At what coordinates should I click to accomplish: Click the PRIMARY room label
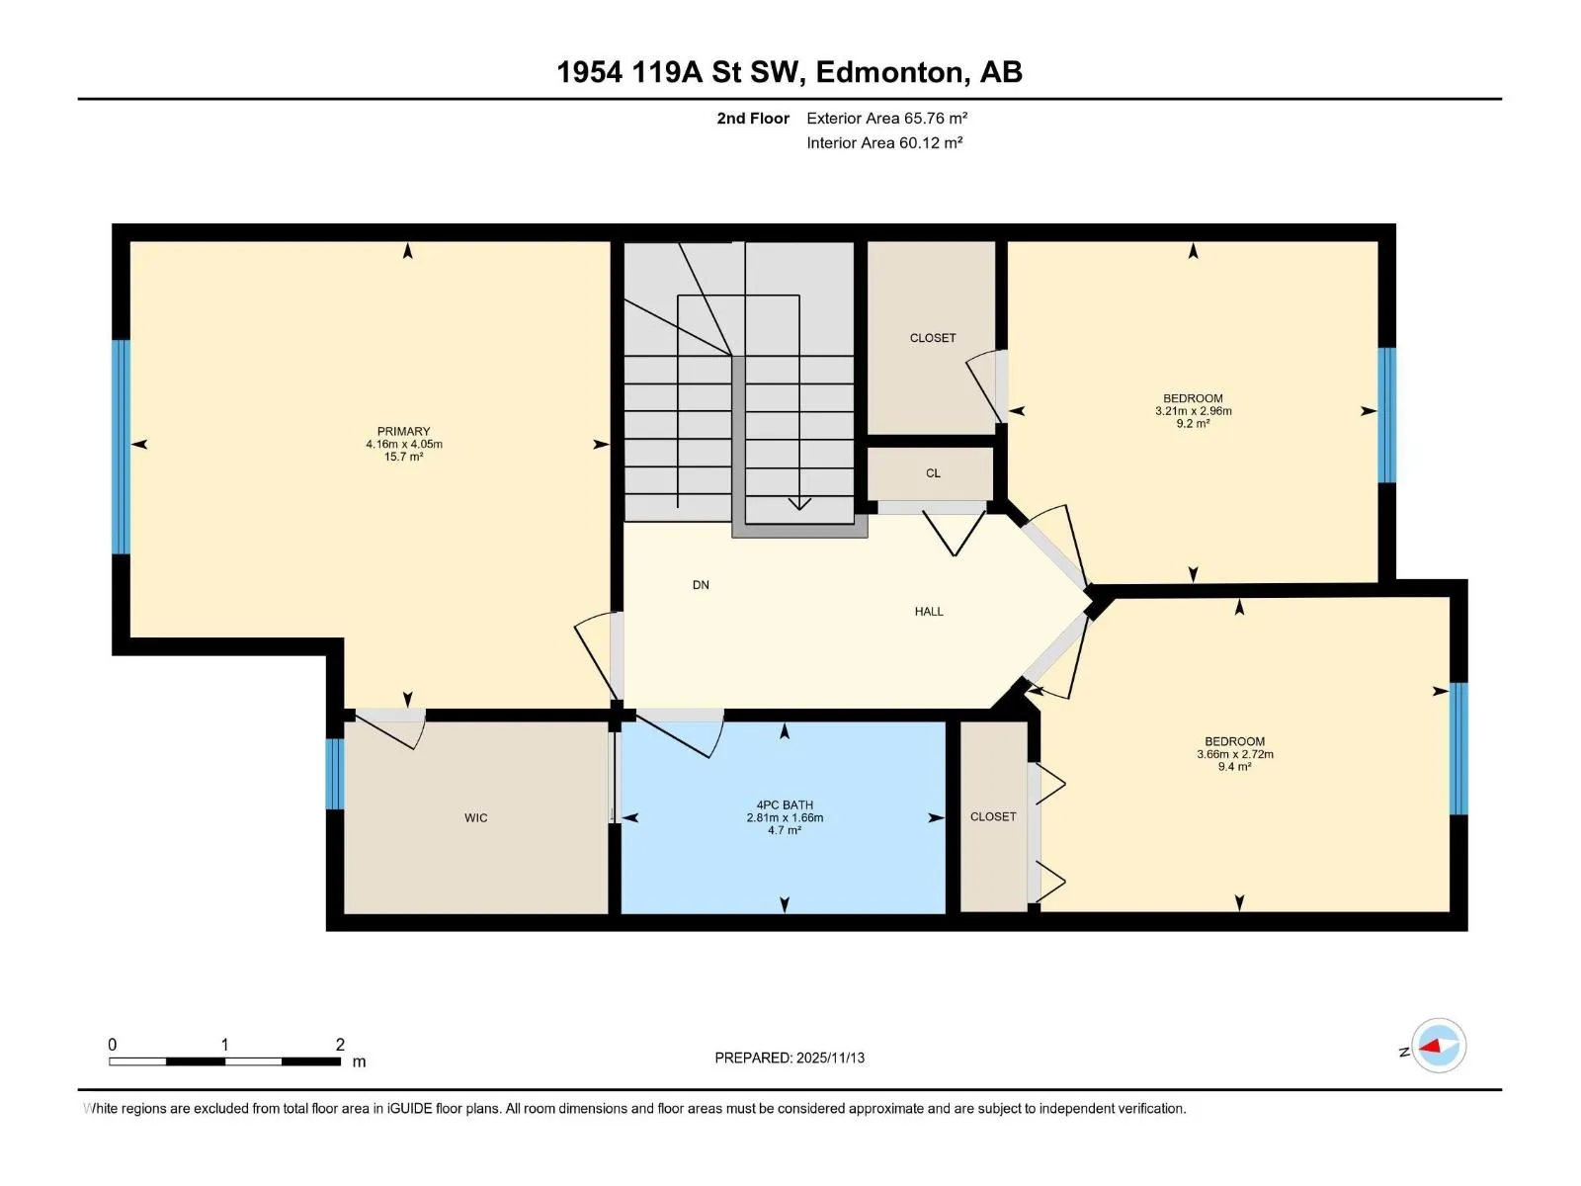(x=403, y=431)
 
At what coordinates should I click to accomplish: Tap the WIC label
(x=475, y=818)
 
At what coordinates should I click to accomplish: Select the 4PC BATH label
(x=785, y=805)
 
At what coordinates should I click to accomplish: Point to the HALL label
(x=929, y=612)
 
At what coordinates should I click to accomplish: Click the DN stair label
(x=701, y=585)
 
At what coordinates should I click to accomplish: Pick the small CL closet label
(x=933, y=473)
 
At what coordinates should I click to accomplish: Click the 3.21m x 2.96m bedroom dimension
(x=1193, y=411)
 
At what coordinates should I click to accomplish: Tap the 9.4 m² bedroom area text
(x=1234, y=767)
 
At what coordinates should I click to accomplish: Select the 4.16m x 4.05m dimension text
(x=403, y=445)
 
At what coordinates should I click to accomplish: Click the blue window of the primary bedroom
(x=121, y=447)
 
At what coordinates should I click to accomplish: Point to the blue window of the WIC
(x=334, y=774)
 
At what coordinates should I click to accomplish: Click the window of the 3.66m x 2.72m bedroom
(x=1457, y=749)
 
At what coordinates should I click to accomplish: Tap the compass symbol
(x=1439, y=1046)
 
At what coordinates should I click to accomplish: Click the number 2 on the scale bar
(x=340, y=1044)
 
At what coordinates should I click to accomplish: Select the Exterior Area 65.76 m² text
(x=886, y=118)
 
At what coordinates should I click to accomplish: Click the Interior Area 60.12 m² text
(x=884, y=142)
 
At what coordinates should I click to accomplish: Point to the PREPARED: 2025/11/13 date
(x=790, y=1058)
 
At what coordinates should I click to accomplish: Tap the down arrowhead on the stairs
(x=799, y=503)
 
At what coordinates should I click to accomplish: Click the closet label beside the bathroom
(x=992, y=816)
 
